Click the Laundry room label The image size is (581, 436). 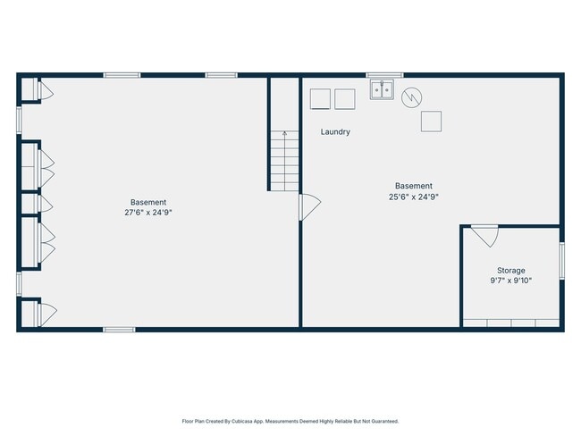pos(335,132)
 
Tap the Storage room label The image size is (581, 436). pos(511,271)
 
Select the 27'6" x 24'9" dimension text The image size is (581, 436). pos(148,213)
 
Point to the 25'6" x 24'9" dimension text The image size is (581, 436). pos(414,197)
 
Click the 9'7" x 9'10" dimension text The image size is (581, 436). pos(511,281)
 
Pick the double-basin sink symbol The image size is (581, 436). pos(382,89)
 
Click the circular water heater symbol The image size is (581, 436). pos(412,97)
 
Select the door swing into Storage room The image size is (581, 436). pos(485,236)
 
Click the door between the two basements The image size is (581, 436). pos(310,207)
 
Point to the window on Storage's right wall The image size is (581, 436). pos(561,260)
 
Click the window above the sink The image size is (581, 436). pos(385,75)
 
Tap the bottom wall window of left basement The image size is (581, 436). pos(119,330)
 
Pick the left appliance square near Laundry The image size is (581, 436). pos(320,99)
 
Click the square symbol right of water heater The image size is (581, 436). pos(432,122)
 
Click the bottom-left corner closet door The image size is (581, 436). pos(47,314)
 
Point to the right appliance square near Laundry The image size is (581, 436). pos(345,99)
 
